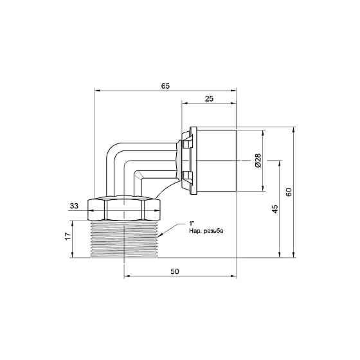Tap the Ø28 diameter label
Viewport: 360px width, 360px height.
coord(258,161)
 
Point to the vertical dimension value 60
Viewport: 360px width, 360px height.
coord(289,193)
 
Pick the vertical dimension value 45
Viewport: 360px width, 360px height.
coord(274,208)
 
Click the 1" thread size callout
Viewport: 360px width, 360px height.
coord(191,222)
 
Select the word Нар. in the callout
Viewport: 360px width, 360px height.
coord(195,230)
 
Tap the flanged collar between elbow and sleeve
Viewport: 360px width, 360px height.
coord(186,161)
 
